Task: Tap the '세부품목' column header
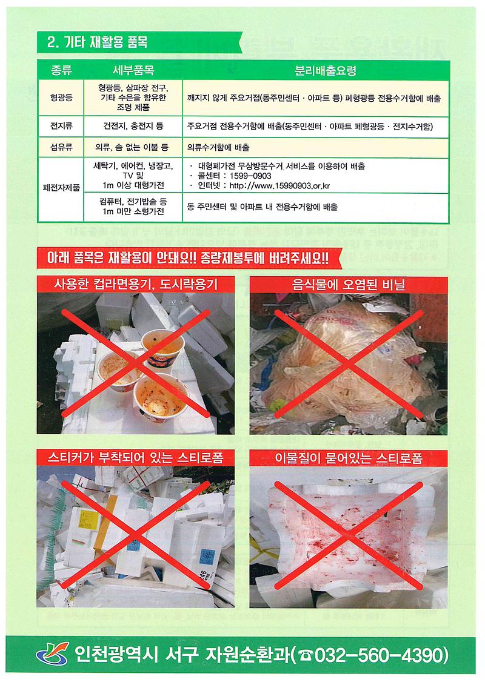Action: click(x=133, y=71)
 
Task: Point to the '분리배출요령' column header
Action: click(x=317, y=71)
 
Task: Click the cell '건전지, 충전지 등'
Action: click(x=133, y=127)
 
